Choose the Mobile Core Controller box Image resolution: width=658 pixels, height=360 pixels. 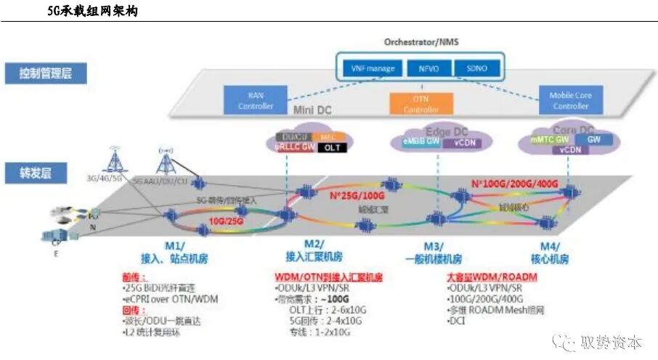click(x=571, y=101)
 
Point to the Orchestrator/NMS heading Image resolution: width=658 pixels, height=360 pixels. click(x=421, y=42)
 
